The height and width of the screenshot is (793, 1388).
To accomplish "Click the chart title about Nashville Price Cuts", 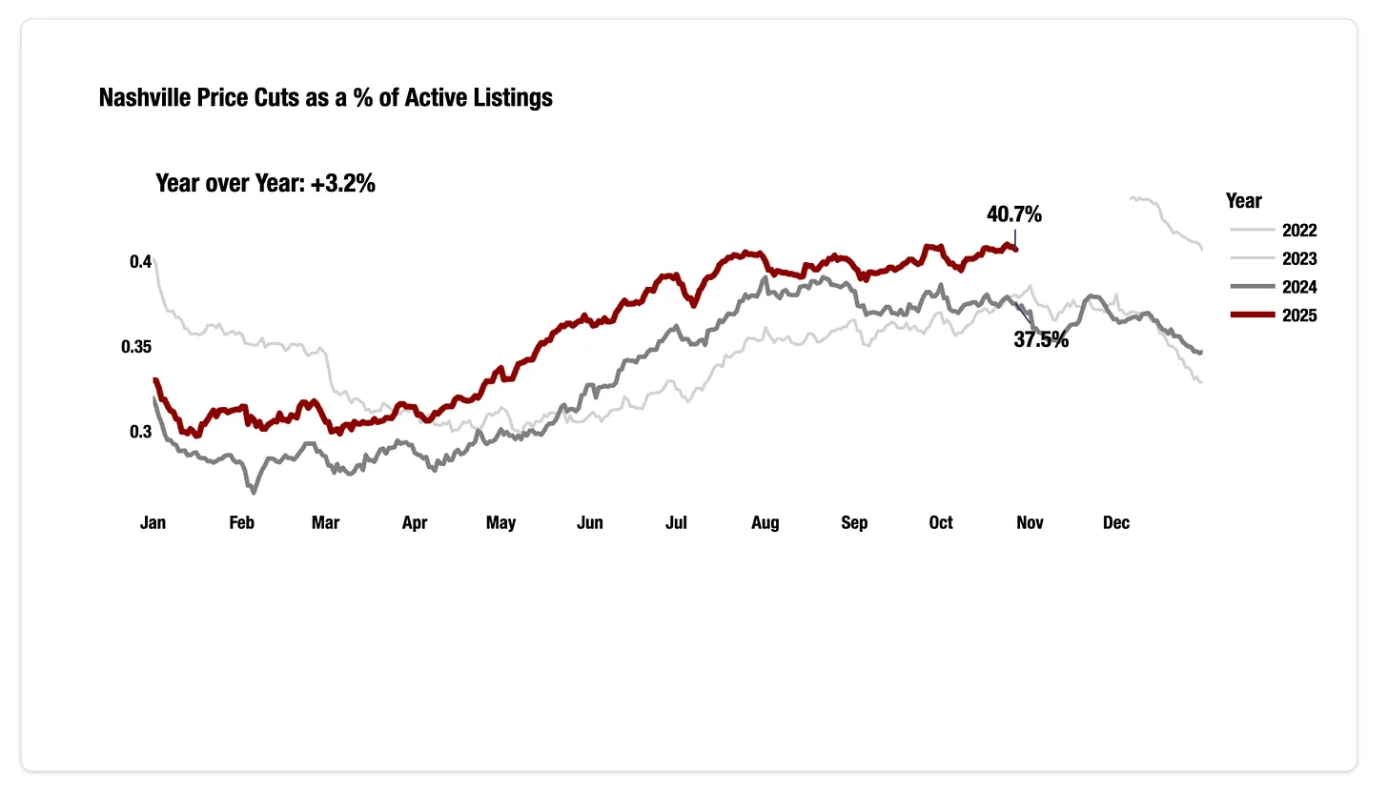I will (x=325, y=97).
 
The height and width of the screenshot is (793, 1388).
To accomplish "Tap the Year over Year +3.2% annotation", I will (x=265, y=184).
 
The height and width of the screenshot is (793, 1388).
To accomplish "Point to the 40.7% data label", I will (x=1014, y=215).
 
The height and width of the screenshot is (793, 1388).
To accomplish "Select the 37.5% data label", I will (x=1040, y=339).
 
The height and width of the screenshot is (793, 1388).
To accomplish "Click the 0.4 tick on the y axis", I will (x=140, y=261).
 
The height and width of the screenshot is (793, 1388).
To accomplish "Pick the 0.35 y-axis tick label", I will (x=135, y=347).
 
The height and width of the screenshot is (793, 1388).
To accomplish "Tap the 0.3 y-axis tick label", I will (x=140, y=432).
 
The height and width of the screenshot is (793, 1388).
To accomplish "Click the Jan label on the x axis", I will (x=153, y=522).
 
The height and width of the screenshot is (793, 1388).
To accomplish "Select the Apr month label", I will (x=415, y=522).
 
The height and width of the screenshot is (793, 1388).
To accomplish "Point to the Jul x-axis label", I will (x=676, y=522).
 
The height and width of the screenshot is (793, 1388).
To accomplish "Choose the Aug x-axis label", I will (x=765, y=522).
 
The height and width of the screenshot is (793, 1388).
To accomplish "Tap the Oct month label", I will (x=941, y=522).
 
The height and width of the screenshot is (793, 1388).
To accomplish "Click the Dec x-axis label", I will (x=1115, y=522).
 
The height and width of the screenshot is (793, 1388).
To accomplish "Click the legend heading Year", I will (x=1243, y=201).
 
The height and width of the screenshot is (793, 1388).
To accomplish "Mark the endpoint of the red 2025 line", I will (x=1016, y=250).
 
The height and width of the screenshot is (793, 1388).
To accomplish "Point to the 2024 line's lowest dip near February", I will (x=254, y=492).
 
